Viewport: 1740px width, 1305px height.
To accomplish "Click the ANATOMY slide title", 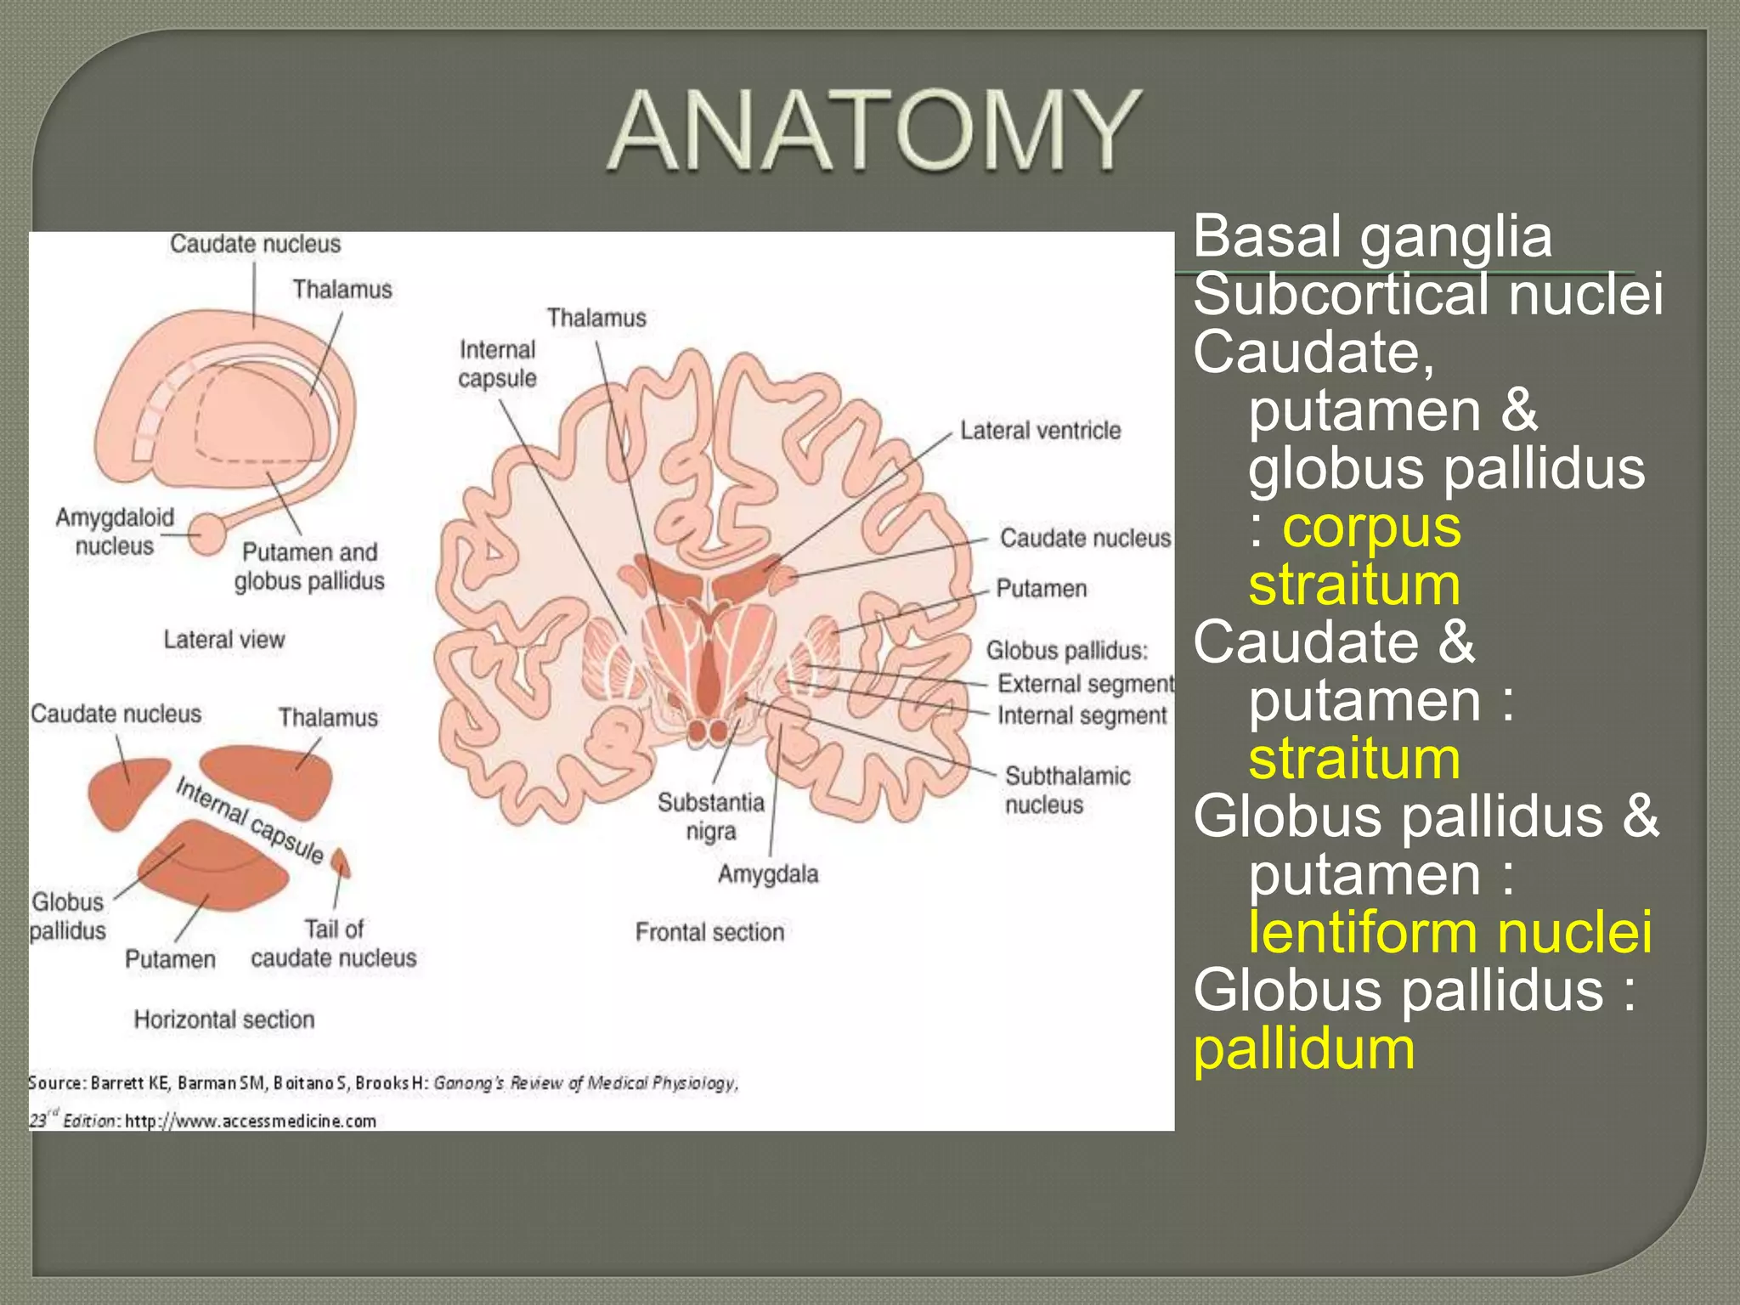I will (x=875, y=132).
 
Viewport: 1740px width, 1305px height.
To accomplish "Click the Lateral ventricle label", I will (x=1040, y=431).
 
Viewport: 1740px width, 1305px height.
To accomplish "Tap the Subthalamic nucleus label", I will (x=1066, y=790).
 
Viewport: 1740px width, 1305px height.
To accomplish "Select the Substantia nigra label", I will (x=711, y=816).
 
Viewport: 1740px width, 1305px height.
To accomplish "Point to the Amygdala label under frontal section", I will (x=768, y=874).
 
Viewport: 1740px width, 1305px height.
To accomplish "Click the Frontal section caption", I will (x=709, y=932).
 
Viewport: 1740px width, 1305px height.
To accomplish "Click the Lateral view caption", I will (x=224, y=640).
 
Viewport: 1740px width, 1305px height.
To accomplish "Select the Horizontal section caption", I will (x=224, y=1020).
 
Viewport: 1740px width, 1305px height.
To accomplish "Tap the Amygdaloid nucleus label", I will (x=115, y=531).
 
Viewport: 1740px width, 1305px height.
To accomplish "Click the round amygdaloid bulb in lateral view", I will (x=207, y=534).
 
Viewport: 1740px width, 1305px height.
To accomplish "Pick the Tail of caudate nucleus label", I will (x=334, y=943).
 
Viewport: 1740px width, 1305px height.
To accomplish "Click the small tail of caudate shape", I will (x=341, y=862).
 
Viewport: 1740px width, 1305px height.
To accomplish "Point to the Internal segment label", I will (x=1082, y=716).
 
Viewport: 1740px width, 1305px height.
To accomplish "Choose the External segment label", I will (x=1085, y=684).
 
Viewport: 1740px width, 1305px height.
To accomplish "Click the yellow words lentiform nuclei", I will (x=1449, y=933).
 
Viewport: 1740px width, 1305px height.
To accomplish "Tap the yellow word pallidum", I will (x=1304, y=1049).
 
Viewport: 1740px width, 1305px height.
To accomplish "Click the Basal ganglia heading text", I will (x=1372, y=236).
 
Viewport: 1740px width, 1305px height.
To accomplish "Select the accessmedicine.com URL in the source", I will (x=251, y=1121).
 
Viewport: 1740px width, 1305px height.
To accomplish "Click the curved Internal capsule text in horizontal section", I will (x=250, y=821).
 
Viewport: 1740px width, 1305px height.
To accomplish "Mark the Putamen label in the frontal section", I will (x=1041, y=589).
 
